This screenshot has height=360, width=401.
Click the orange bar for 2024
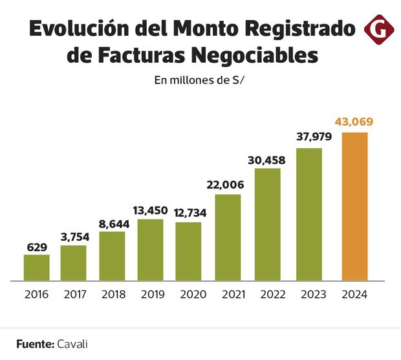(x=354, y=207)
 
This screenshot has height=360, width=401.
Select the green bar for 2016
(x=37, y=267)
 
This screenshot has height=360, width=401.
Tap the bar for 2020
(x=188, y=251)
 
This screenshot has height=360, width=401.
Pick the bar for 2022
(x=267, y=224)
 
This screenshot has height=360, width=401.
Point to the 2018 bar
(x=112, y=256)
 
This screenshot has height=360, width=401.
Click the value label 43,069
(x=354, y=122)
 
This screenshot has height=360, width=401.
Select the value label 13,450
(x=150, y=210)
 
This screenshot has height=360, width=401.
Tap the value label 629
(x=37, y=246)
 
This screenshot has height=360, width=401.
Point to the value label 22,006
(x=226, y=185)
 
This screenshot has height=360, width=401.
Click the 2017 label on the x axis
(x=75, y=295)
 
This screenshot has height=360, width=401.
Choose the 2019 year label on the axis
(x=152, y=295)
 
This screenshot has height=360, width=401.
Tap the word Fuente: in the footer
(x=35, y=344)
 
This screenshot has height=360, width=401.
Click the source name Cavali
(x=72, y=344)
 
